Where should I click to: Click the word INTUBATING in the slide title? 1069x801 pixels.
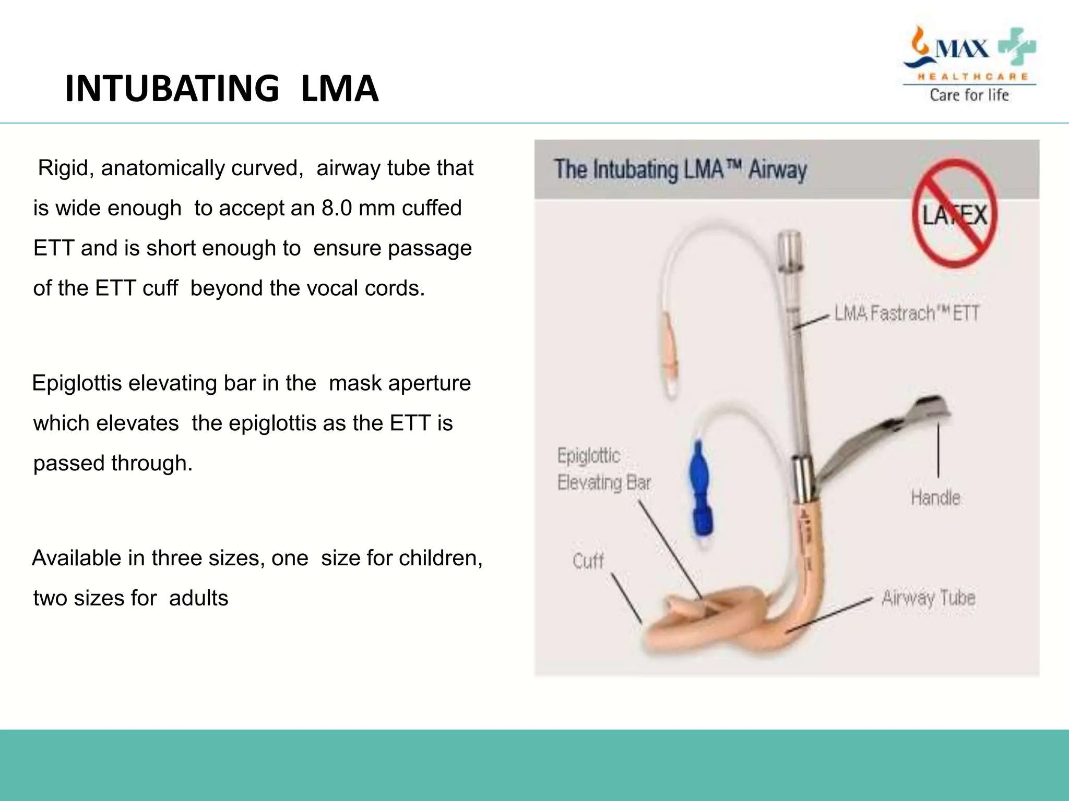(x=172, y=89)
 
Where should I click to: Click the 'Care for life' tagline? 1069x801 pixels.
(x=969, y=95)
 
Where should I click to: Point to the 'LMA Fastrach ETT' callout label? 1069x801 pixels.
(x=906, y=313)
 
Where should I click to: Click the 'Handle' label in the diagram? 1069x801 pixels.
(x=935, y=498)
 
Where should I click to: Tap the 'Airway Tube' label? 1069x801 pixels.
(x=928, y=598)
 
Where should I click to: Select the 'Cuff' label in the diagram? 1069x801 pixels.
(x=588, y=561)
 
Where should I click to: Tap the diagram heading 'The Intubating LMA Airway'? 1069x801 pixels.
(x=680, y=170)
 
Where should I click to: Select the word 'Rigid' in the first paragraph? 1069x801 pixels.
(x=65, y=168)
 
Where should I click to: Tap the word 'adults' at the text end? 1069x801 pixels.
(x=198, y=598)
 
